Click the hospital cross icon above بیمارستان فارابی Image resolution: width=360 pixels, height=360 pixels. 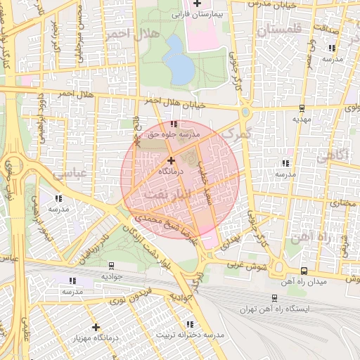196,4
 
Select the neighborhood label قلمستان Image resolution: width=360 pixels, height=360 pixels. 278,30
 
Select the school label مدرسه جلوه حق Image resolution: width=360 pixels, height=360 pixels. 173,133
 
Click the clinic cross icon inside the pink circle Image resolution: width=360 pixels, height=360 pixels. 171,161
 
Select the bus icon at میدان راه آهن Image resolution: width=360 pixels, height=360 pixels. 303,271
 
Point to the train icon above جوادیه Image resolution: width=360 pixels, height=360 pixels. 112,266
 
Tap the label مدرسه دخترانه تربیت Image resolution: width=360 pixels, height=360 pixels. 190,335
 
